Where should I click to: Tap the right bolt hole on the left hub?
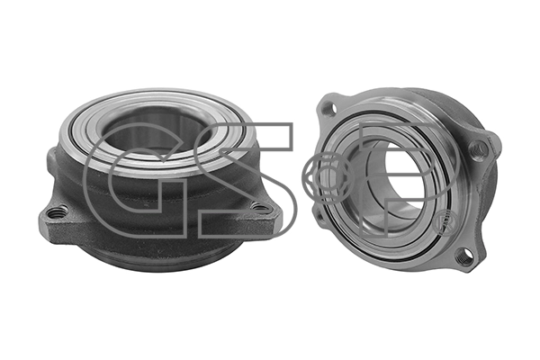coord(260,207)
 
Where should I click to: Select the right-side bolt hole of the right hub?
coord(479,150)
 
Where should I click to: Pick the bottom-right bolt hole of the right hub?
coord(463,256)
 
